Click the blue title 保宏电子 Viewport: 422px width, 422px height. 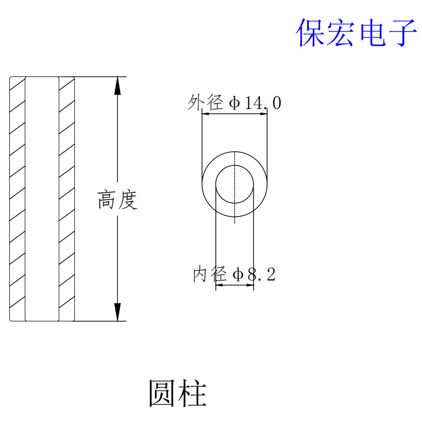click(356, 33)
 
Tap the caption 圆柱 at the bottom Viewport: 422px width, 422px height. click(178, 394)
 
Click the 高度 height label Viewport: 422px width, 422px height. click(118, 200)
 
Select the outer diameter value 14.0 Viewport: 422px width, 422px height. click(262, 103)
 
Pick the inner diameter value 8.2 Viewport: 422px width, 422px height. click(261, 274)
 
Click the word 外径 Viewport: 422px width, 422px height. click(206, 103)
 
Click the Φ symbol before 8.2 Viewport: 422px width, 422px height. click(238, 274)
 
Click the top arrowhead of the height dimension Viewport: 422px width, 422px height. click(118, 85)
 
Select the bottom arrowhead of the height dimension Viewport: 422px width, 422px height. click(118, 312)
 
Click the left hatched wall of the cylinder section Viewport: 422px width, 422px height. click(17, 199)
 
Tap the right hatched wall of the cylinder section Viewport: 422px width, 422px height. click(67, 199)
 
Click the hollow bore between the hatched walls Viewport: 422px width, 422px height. click(42, 199)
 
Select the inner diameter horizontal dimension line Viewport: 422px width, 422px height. click(235, 285)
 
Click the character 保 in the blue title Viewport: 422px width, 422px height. click(310, 33)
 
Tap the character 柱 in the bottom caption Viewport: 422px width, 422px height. click(193, 394)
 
